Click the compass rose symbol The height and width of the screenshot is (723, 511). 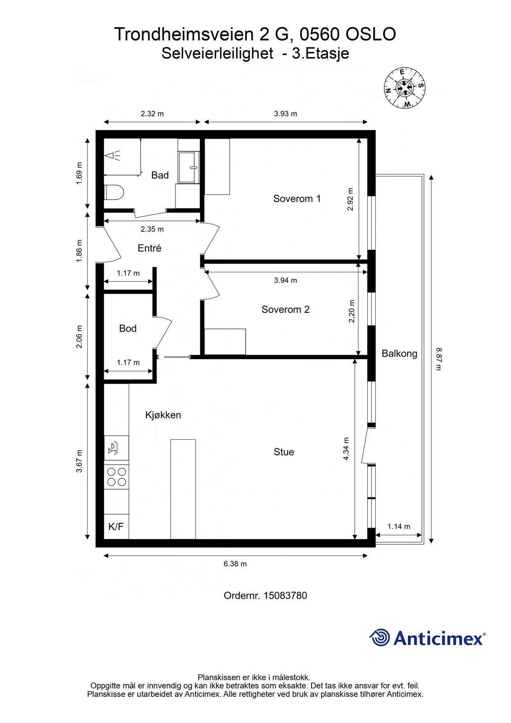click(405, 88)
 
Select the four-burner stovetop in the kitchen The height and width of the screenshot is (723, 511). click(116, 477)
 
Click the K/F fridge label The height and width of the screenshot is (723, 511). click(116, 527)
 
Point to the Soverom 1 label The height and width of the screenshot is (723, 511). click(297, 198)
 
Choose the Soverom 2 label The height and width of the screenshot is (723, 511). click(285, 309)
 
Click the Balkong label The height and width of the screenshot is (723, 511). click(399, 353)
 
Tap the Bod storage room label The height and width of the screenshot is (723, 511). click(128, 328)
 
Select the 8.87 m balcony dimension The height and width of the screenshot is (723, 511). click(438, 359)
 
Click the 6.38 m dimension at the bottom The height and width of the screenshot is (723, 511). click(235, 564)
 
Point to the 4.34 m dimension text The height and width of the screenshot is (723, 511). click(346, 449)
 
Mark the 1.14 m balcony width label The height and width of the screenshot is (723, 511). click(399, 526)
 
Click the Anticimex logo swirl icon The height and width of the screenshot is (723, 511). click(380, 637)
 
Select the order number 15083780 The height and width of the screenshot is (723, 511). click(285, 595)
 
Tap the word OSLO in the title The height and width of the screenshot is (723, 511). click(371, 34)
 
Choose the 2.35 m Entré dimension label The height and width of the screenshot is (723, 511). click(152, 229)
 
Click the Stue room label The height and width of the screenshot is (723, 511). click(284, 452)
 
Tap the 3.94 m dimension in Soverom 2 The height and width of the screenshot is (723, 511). click(285, 280)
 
